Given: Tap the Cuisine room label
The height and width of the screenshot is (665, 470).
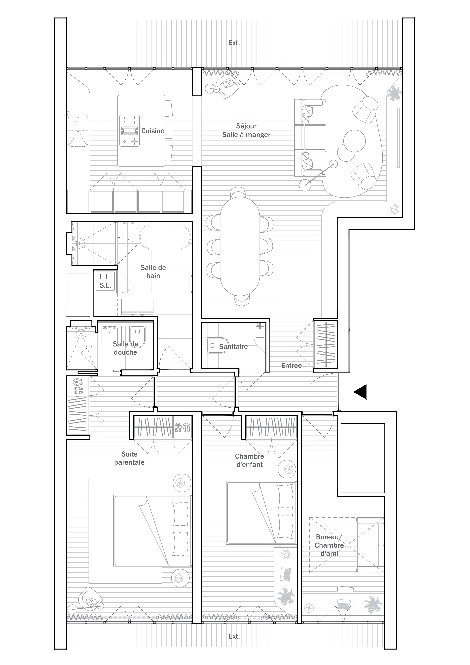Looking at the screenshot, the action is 153,131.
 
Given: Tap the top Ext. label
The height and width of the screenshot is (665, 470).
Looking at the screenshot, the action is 234,43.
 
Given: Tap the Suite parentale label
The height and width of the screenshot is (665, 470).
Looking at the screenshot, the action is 129,458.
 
